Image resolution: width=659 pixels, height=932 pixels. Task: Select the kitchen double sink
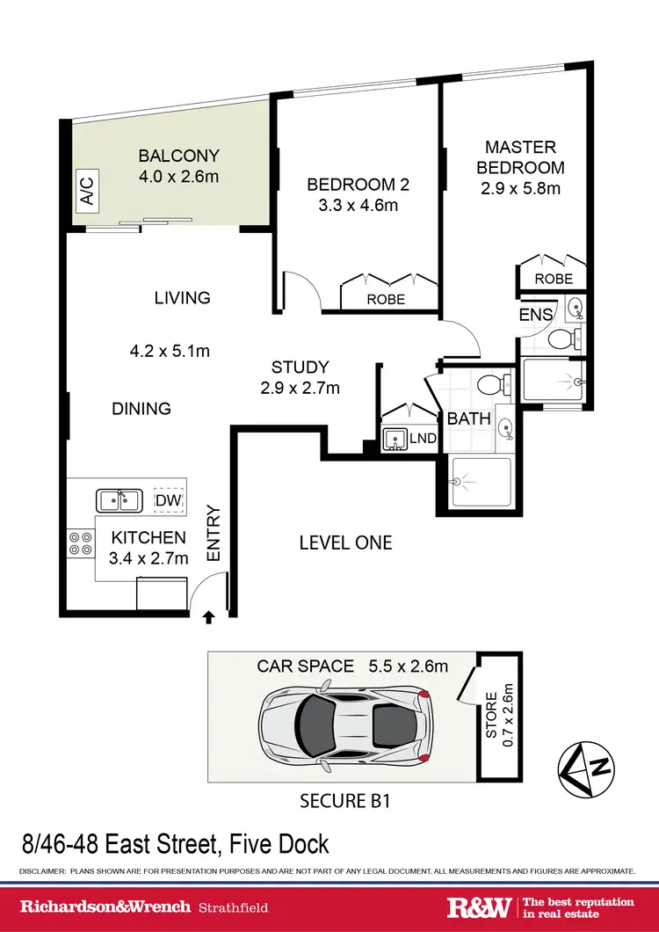[x=119, y=500]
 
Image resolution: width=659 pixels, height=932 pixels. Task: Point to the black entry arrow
[x=208, y=618]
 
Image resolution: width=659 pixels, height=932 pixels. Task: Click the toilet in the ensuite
[x=560, y=339]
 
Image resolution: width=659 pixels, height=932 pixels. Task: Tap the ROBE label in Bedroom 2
[x=386, y=299]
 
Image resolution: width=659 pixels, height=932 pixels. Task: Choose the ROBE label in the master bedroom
[x=554, y=278]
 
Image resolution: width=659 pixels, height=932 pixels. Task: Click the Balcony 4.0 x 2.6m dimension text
[x=178, y=177]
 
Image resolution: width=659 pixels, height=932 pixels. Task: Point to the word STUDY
[x=300, y=368]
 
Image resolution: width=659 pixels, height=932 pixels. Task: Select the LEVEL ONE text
[x=345, y=542]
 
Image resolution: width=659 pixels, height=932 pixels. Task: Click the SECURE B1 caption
[x=344, y=801]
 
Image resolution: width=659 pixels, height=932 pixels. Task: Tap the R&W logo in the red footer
[x=480, y=907]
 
